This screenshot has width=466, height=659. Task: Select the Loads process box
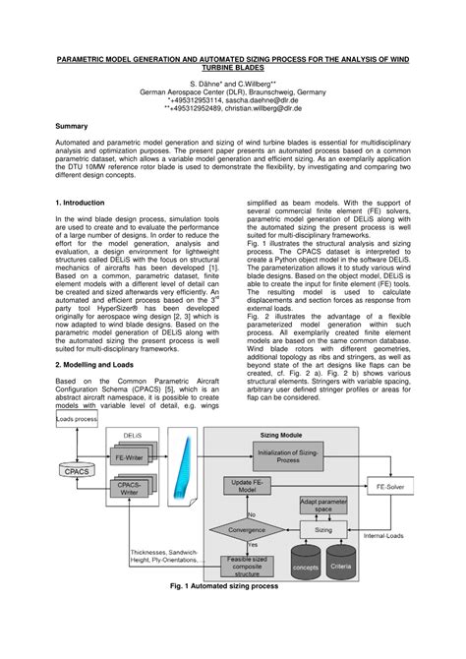pos(78,419)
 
